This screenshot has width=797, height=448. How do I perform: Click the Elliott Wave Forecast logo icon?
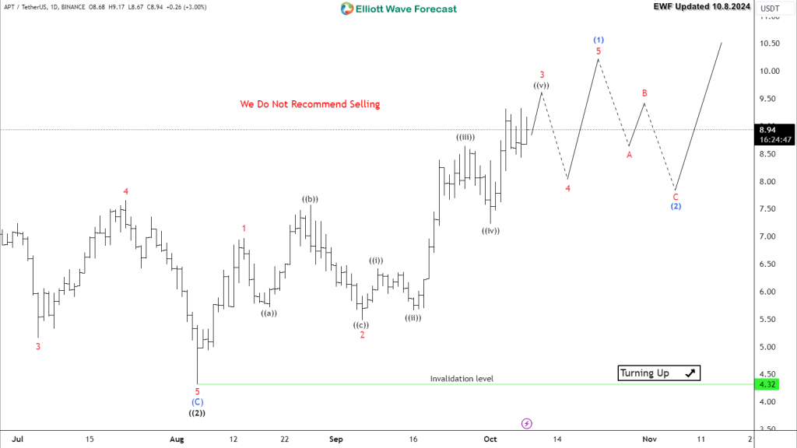[x=347, y=9]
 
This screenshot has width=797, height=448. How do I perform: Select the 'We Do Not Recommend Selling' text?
[x=310, y=103]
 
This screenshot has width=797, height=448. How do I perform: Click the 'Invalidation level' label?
[x=462, y=379]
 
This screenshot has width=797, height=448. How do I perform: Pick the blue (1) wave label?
[x=599, y=39]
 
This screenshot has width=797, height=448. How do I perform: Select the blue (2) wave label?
[x=676, y=206]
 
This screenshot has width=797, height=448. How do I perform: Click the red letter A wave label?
[x=629, y=155]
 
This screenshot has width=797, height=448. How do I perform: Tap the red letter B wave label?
[x=644, y=93]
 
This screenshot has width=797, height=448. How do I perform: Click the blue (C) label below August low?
[x=197, y=402]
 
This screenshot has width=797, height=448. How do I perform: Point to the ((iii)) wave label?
[x=465, y=137]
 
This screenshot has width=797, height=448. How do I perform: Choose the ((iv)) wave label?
[x=490, y=230]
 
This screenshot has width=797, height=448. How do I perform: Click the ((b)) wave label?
[x=310, y=199]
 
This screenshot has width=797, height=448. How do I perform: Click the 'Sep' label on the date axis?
[x=335, y=439]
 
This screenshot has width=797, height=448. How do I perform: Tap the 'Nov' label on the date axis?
[x=649, y=439]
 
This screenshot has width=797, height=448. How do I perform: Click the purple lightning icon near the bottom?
[x=526, y=423]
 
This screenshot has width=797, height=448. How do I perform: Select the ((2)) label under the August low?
[x=197, y=413]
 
